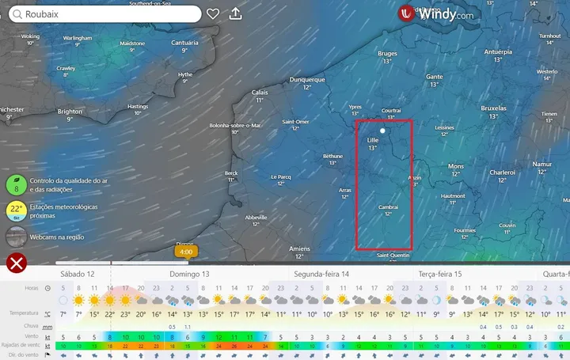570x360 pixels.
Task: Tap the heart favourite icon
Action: pos(213,13)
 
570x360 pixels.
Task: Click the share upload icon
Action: pos(235,13)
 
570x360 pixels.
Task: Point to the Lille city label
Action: pos(373,140)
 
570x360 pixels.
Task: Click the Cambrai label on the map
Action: pos(388,207)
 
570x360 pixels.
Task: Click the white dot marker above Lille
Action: pos(382,130)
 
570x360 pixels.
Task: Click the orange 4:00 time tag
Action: pos(186,252)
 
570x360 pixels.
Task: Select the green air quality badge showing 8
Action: pos(15,185)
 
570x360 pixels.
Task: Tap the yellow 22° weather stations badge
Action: pos(15,210)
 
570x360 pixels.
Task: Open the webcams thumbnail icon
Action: pos(15,236)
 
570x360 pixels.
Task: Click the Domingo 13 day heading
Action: pos(189,274)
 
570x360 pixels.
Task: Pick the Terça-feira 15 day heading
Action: pos(439,274)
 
